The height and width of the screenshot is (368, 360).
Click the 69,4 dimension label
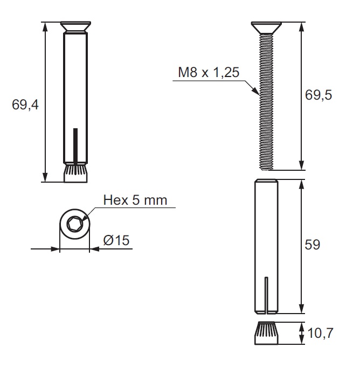(25, 105)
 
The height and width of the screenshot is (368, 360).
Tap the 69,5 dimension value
(319, 95)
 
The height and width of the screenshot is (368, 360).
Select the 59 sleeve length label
(313, 245)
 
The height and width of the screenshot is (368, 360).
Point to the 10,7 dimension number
(320, 333)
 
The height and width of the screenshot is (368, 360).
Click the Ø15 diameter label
(116, 240)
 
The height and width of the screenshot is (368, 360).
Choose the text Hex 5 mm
(135, 200)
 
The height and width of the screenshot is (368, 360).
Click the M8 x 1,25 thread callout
(209, 72)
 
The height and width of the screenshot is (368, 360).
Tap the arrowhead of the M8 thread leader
(257, 91)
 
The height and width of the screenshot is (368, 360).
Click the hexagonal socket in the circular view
(74, 224)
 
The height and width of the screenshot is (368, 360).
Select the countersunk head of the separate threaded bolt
(266, 27)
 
